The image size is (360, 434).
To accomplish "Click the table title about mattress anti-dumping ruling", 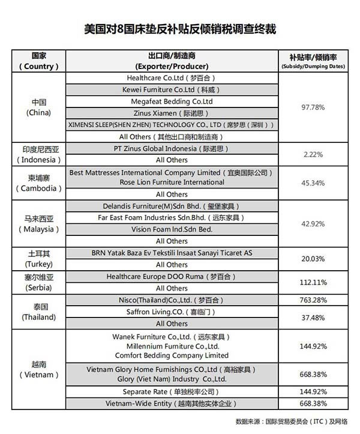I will tap(180, 29).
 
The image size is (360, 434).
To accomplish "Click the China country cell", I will tap(39, 107).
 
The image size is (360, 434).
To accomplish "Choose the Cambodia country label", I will tap(39, 183).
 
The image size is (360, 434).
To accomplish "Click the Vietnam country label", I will tap(39, 369).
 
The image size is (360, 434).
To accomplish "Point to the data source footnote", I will tap(295, 420).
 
